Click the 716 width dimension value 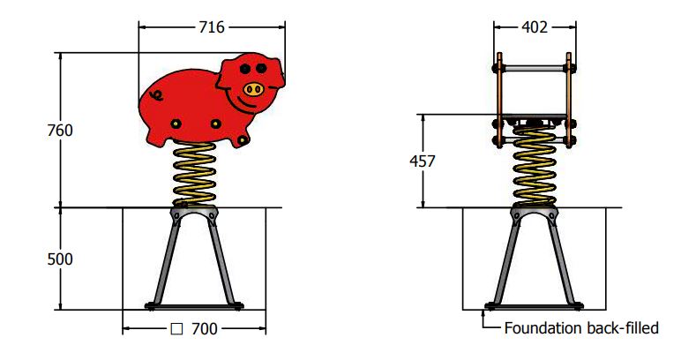pyautogui.click(x=212, y=27)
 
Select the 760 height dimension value pyautogui.click(x=59, y=131)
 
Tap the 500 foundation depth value pyautogui.click(x=59, y=259)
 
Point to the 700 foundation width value pyautogui.click(x=204, y=329)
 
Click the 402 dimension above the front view pyautogui.click(x=533, y=27)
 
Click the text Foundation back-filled pyautogui.click(x=581, y=329)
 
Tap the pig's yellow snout pyautogui.click(x=253, y=88)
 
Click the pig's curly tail pyautogui.click(x=157, y=94)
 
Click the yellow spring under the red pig pyautogui.click(x=194, y=175)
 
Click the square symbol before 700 pyautogui.click(x=176, y=329)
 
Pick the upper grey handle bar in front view pyautogui.click(x=534, y=66)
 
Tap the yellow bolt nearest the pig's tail pyautogui.click(x=176, y=123)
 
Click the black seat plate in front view pyautogui.click(x=534, y=118)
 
